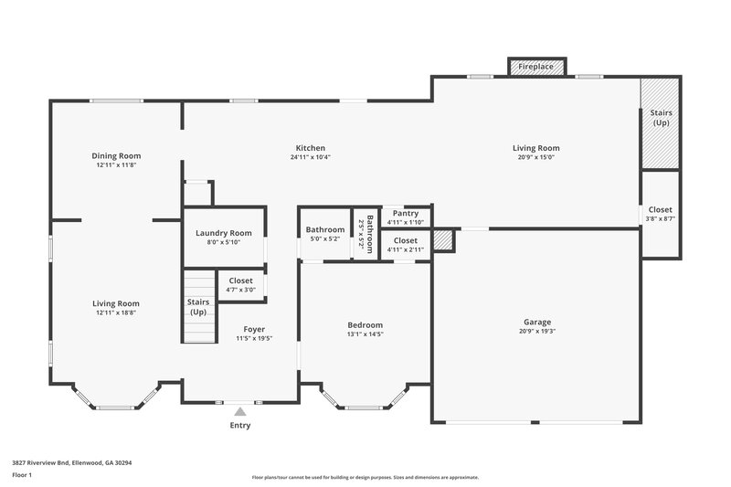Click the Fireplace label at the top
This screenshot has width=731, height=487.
coord(535,68)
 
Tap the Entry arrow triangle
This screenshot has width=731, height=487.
coord(240,412)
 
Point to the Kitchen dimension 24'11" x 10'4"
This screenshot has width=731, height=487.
coord(310,157)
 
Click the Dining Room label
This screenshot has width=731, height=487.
coord(116,155)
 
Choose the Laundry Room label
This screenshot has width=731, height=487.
coord(224,233)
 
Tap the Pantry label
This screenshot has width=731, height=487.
coord(405,213)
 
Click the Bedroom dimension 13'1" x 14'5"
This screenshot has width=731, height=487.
coord(365,334)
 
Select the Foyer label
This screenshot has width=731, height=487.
coord(254,329)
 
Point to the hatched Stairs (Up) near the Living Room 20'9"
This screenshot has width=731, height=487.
coord(660,123)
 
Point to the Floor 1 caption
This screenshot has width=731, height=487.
coord(22,476)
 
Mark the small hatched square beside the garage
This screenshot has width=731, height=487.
coord(443,240)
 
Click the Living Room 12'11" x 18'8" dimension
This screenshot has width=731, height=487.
coord(116,312)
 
